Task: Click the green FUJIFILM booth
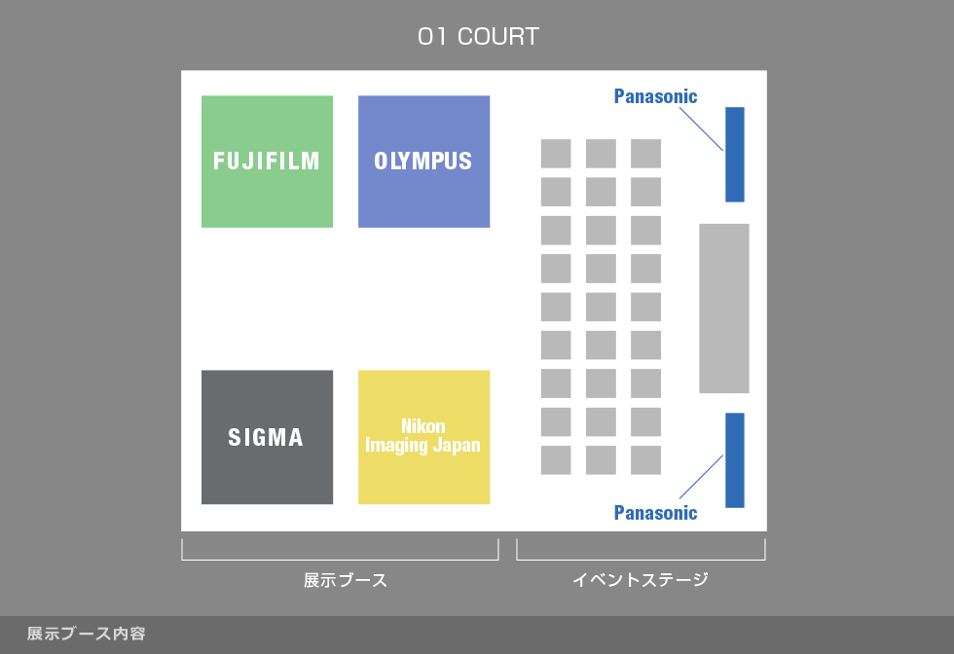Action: click(x=267, y=162)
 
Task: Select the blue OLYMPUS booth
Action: click(x=423, y=162)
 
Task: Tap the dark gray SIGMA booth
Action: click(x=267, y=437)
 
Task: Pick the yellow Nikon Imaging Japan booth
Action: click(x=423, y=437)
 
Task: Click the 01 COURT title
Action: click(x=478, y=38)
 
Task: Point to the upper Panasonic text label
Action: click(x=655, y=96)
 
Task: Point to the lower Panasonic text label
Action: click(x=655, y=513)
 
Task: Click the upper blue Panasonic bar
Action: click(x=735, y=154)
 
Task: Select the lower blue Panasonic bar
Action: click(x=735, y=459)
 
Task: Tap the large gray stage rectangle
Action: click(x=724, y=309)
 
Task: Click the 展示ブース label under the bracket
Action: click(x=346, y=581)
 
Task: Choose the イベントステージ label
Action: click(x=640, y=581)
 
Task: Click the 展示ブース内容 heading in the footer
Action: click(x=87, y=634)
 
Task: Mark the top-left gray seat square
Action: click(x=556, y=154)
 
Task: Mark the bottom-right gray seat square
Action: click(x=645, y=460)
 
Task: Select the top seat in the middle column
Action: click(x=601, y=154)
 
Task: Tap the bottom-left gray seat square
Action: click(x=556, y=460)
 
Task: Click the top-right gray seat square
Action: click(x=645, y=154)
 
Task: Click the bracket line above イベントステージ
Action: click(x=641, y=560)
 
